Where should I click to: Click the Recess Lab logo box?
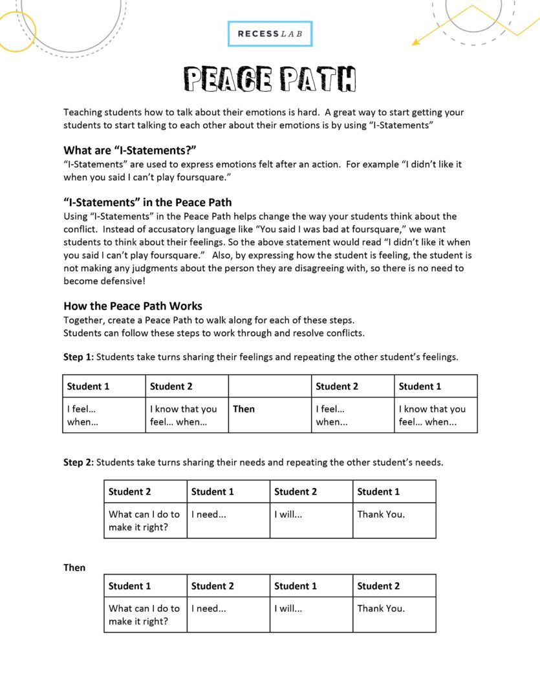[x=270, y=34]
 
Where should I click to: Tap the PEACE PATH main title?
[x=270, y=79]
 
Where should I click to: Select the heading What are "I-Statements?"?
[x=129, y=150]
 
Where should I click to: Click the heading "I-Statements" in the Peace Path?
[x=147, y=202]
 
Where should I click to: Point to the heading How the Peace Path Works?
[x=133, y=306]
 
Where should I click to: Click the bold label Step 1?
[x=78, y=357]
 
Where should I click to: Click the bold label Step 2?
[x=78, y=462]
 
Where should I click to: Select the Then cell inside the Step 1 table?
[x=244, y=409]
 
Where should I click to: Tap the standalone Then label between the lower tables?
[x=74, y=567]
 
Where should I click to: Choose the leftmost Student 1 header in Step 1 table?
[x=88, y=386]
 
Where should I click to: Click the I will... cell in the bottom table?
[x=288, y=608]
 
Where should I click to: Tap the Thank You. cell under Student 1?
[x=381, y=514]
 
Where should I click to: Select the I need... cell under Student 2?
[x=208, y=608]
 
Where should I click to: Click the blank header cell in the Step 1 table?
[x=270, y=386]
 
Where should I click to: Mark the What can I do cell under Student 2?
[x=144, y=520]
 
